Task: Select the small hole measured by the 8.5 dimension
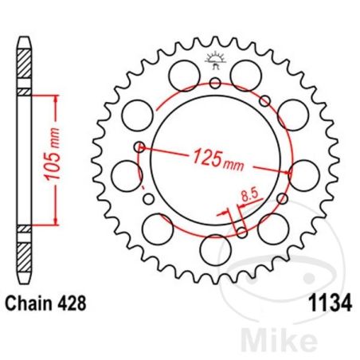point(241,233)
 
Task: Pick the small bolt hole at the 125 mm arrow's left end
point(140,146)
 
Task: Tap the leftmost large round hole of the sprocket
point(125,173)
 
